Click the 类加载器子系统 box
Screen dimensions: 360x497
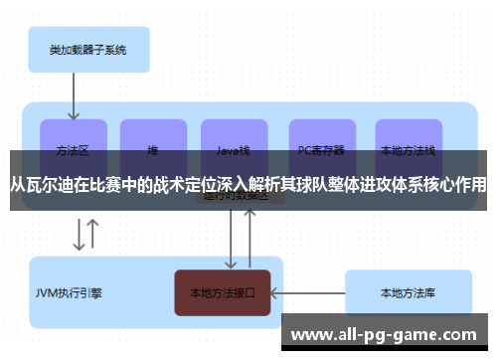[x=86, y=49]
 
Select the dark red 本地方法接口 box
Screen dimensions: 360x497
[x=223, y=292]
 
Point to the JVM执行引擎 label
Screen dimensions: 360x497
[x=70, y=293]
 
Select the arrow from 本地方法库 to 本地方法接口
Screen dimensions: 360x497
[x=307, y=293]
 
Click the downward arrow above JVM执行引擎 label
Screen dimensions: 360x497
[x=79, y=235]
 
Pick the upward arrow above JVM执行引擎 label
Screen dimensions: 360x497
[x=93, y=235]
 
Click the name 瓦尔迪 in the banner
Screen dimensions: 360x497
[x=47, y=184]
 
